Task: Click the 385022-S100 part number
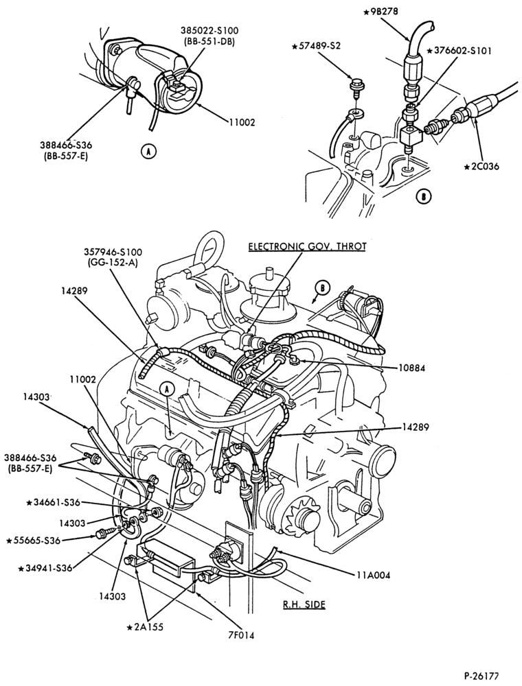coord(208,31)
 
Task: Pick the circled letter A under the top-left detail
coord(149,152)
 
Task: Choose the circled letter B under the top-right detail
coord(424,197)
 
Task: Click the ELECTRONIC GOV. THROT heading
coord(307,246)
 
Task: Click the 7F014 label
coord(238,635)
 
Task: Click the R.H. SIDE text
coord(304,604)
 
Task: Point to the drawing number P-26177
coord(481,676)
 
